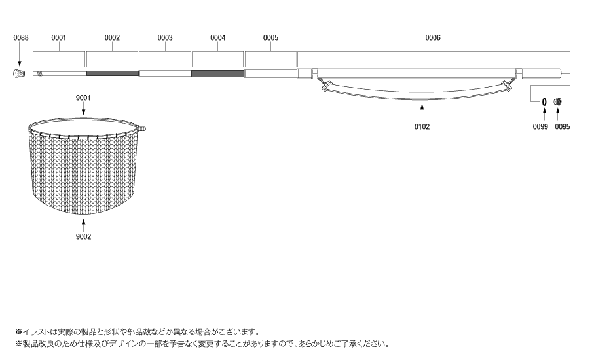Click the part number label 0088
coord(21,37)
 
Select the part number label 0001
coord(58,37)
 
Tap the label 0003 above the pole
coord(165,37)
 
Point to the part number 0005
coord(270,37)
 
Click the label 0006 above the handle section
coord(433,37)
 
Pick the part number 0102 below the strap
coord(422,127)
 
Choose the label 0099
coord(540,127)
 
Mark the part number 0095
coord(563,127)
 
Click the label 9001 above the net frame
coord(83,98)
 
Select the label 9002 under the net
coord(83,236)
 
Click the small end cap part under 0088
coord(19,73)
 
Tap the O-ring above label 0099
coord(544,102)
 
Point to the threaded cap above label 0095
coord(558,102)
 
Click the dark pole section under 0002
coord(112,73)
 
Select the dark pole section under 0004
coord(218,73)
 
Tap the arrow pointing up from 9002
coord(83,225)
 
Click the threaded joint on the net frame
coord(142,129)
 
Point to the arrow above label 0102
coord(422,113)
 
